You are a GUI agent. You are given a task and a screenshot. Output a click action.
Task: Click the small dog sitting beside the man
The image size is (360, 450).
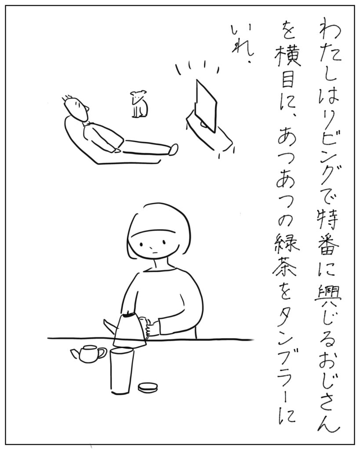tap(139, 105)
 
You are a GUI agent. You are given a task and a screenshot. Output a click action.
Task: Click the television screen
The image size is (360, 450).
tap(206, 105)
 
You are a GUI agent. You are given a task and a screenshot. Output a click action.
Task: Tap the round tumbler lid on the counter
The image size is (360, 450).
tap(148, 388)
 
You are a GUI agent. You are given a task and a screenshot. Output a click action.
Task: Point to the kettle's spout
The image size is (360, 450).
tap(109, 325)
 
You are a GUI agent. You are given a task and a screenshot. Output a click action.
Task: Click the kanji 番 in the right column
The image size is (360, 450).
tap(329, 247)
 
